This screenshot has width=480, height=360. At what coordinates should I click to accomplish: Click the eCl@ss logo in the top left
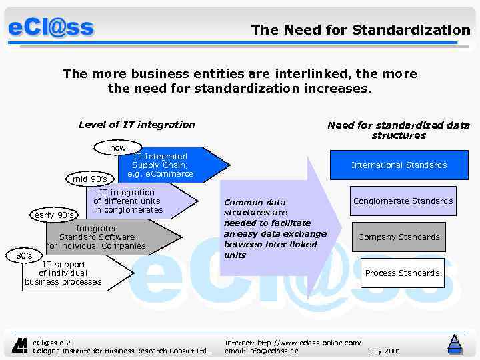[51, 28]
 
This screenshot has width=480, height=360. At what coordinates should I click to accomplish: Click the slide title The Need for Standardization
[360, 30]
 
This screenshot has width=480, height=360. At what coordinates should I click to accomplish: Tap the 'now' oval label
[118, 147]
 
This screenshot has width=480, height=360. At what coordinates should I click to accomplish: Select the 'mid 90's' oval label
[89, 179]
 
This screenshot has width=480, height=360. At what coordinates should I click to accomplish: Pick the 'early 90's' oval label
[54, 215]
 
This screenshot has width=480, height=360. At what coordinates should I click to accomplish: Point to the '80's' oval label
[23, 255]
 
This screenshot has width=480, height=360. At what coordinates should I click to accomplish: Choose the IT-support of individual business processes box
[67, 273]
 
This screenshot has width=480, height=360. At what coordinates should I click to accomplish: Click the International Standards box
[399, 165]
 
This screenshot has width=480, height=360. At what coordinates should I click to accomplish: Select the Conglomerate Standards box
[403, 201]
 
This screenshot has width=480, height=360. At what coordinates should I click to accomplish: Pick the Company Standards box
[399, 237]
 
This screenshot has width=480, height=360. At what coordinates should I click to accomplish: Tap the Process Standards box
[402, 273]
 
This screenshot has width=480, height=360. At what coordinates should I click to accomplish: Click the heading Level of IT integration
[137, 125]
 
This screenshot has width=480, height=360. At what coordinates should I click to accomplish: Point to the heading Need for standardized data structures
[398, 130]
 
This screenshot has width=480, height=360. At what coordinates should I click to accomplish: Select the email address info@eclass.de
[261, 351]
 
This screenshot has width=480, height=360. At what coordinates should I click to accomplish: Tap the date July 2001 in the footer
[384, 351]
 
